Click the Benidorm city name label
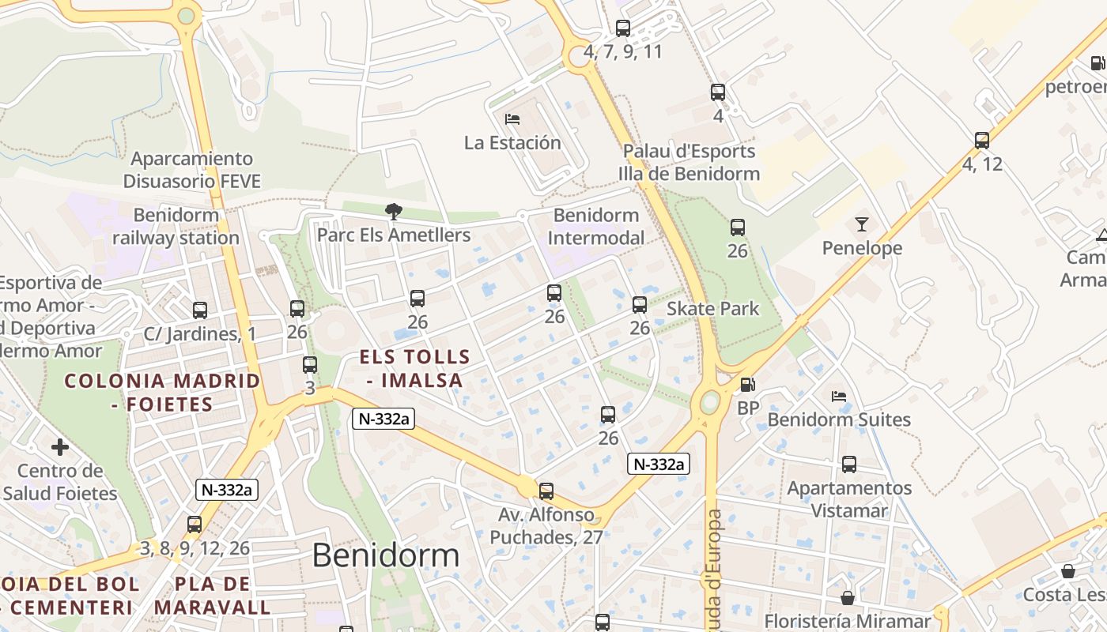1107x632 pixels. coord(385,555)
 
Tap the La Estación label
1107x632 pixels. coord(512,143)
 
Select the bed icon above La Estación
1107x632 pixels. coord(512,119)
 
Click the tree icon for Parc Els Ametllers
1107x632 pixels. coord(393,211)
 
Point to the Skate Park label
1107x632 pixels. coord(712,309)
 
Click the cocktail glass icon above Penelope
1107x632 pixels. coord(861,224)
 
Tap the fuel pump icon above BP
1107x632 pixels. coord(747,385)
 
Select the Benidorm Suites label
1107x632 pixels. coord(839,419)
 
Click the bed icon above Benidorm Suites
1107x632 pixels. coord(839,396)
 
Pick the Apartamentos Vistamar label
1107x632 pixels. coord(849,499)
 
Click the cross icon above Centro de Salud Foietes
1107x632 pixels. coord(60,447)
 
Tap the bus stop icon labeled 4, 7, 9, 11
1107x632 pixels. coord(623,28)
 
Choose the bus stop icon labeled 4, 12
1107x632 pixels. coord(982,141)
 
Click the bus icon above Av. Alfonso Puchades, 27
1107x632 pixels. coord(546,491)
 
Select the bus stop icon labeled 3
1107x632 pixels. coord(310,365)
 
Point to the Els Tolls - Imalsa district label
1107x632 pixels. coord(414,368)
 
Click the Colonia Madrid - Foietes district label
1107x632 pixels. coord(162,393)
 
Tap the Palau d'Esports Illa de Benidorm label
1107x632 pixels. coord(689,162)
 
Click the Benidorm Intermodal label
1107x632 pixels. coord(596,226)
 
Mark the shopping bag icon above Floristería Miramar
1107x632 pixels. coord(848,598)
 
